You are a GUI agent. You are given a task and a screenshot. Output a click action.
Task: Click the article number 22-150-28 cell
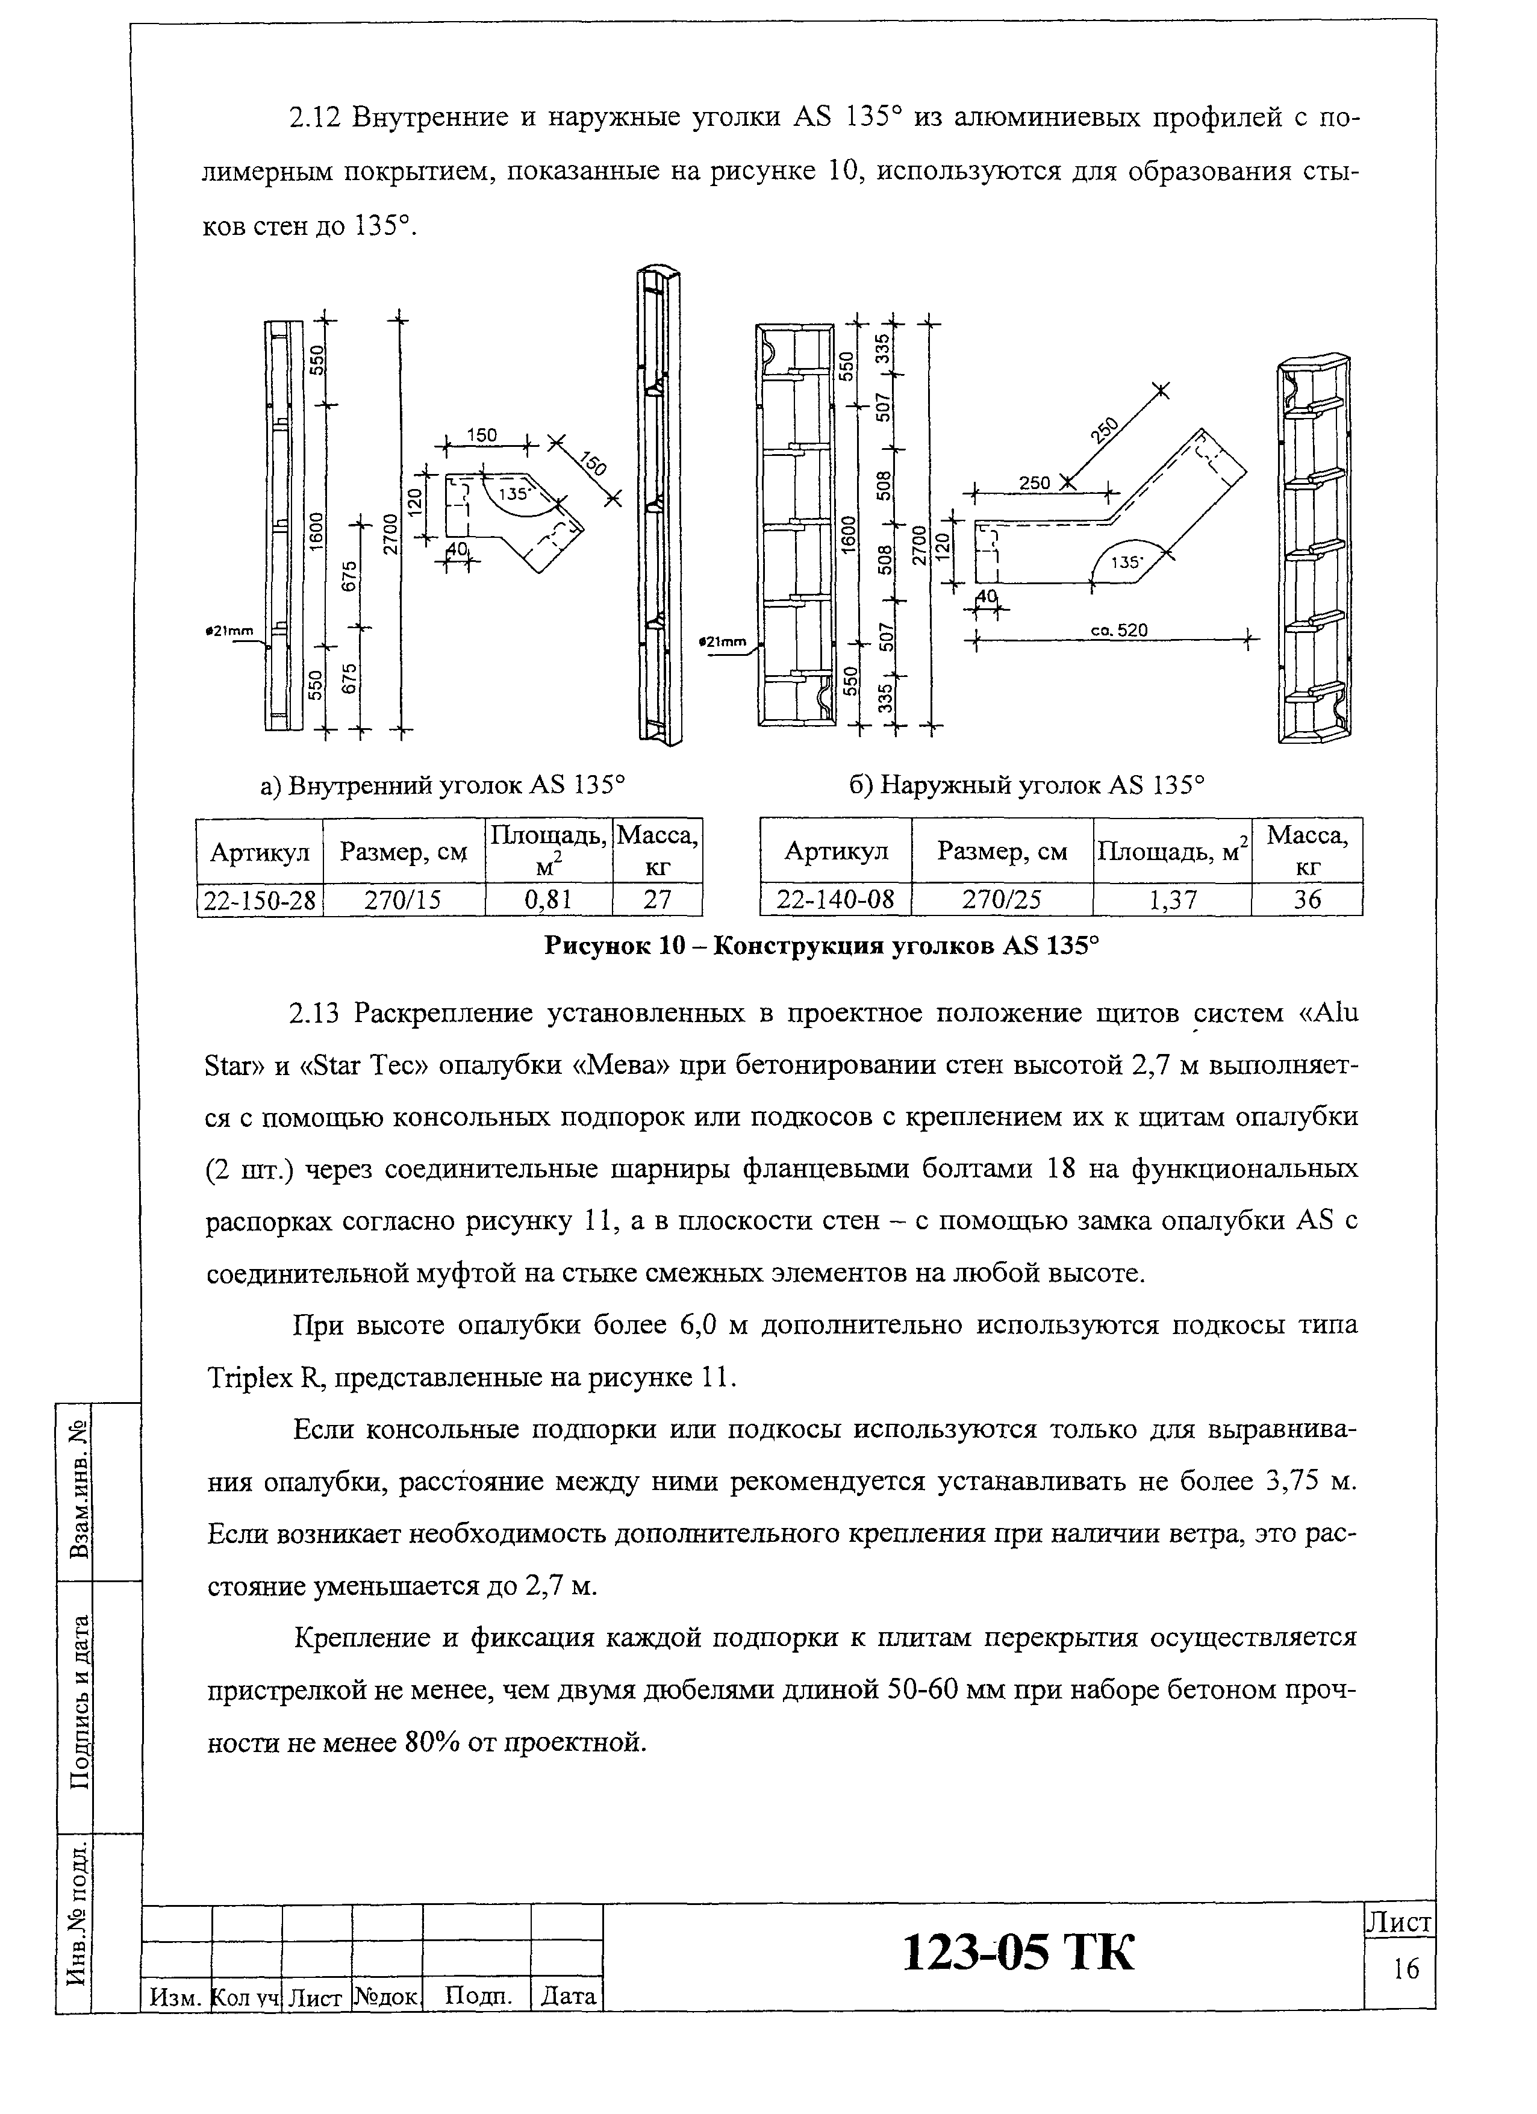click(x=259, y=899)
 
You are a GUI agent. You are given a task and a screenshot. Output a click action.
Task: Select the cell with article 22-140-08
click(x=835, y=899)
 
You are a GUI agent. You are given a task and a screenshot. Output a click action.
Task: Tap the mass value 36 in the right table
click(x=1307, y=899)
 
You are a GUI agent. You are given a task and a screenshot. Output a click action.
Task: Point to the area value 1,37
click(x=1171, y=899)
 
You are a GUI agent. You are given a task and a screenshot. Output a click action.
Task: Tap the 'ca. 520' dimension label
click(x=1118, y=630)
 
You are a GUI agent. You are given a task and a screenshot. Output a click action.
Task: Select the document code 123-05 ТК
click(x=1019, y=1952)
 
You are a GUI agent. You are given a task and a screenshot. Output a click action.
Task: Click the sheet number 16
click(x=1406, y=1969)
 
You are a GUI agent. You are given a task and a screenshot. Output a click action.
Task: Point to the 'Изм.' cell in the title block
click(x=176, y=1997)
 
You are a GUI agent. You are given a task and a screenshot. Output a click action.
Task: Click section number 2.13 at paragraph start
click(x=317, y=1013)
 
